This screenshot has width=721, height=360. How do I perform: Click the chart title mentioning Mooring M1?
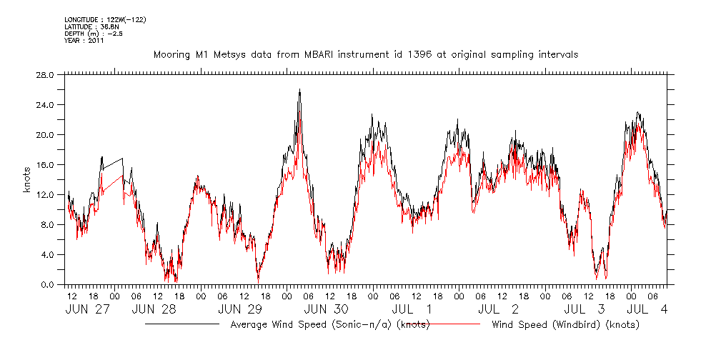coord(365,54)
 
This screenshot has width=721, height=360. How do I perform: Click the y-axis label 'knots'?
coord(26,179)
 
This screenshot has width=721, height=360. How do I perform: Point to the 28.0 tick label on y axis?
coord(44,74)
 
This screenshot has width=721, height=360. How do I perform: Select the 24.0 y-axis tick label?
coord(44,104)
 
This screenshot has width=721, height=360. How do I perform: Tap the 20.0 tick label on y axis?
coord(44,134)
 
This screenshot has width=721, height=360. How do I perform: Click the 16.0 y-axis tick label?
coord(44,164)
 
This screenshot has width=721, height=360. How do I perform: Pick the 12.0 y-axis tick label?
coord(44,194)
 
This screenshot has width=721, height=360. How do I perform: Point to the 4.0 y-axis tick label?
coord(46,254)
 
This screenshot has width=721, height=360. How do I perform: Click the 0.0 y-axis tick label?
coord(46,284)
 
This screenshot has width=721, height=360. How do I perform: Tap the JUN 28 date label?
coord(154,309)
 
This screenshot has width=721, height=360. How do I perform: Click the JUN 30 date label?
coord(326,309)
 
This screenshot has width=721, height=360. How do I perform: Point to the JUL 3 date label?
coord(585,309)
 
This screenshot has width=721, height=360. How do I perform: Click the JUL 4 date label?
coord(647,309)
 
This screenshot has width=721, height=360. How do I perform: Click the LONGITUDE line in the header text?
coord(106,19)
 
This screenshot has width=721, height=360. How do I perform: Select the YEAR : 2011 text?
coord(84,41)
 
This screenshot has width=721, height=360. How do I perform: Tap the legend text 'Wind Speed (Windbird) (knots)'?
coord(565,325)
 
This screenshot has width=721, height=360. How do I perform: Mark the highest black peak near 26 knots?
coord(299,90)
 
